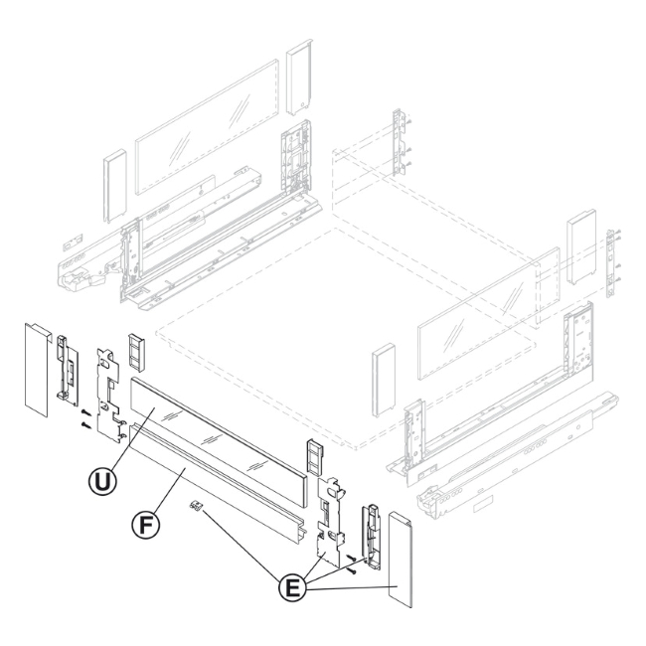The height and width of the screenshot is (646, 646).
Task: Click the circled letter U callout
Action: [x=102, y=481]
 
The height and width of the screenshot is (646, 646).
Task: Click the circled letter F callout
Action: [x=145, y=526]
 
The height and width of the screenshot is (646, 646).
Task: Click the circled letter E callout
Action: [x=293, y=588]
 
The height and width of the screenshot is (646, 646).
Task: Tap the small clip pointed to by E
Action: [x=196, y=506]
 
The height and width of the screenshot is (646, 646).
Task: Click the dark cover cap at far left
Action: [x=38, y=369]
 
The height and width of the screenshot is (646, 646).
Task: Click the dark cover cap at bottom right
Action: [x=401, y=559]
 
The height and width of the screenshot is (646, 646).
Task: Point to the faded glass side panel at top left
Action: [x=208, y=127]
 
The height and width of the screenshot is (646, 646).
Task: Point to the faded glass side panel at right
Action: [x=489, y=313]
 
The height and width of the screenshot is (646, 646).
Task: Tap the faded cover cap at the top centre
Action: [x=299, y=78]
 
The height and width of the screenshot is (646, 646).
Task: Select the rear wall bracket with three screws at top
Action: [x=400, y=142]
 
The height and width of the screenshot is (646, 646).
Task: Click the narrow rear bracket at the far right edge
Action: [x=612, y=263]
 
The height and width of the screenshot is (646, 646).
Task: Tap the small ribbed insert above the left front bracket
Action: [x=137, y=351]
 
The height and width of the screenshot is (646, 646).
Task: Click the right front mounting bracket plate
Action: [x=330, y=521]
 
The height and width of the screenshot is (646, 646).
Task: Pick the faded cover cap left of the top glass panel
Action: [x=115, y=186]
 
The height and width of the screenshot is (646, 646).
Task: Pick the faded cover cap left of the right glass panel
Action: [x=384, y=380]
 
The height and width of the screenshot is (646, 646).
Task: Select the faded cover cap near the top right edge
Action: [x=581, y=246]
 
